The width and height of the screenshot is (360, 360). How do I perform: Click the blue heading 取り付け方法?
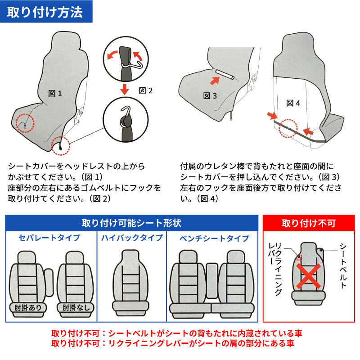click(45, 12)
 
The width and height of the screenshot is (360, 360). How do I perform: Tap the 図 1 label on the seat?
click(55, 94)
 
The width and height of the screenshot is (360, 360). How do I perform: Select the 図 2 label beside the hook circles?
click(146, 90)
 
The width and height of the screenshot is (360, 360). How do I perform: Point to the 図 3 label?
click(210, 96)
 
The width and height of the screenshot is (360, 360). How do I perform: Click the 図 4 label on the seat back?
click(293, 103)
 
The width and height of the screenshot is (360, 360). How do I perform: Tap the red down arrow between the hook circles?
click(125, 89)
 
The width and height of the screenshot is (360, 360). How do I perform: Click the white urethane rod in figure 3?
click(225, 75)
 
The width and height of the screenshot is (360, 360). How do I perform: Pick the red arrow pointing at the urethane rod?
click(215, 81)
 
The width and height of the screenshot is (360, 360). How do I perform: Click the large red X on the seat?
click(308, 276)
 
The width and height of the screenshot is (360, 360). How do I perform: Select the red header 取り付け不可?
click(309, 223)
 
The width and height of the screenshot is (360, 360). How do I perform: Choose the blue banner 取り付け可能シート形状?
click(131, 223)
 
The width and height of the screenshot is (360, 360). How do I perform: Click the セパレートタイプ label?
click(49, 238)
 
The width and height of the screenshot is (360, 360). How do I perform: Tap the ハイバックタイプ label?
click(132, 238)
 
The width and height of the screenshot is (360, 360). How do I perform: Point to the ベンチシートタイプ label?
click(214, 238)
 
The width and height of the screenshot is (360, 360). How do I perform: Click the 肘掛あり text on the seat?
click(28, 308)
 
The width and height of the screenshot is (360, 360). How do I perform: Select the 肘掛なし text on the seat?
click(76, 308)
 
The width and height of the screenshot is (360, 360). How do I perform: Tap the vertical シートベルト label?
click(343, 265)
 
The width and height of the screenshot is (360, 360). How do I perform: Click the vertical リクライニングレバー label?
click(275, 269)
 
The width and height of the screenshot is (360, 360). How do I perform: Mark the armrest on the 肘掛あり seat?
click(49, 283)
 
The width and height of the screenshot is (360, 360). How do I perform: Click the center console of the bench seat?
click(211, 280)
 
